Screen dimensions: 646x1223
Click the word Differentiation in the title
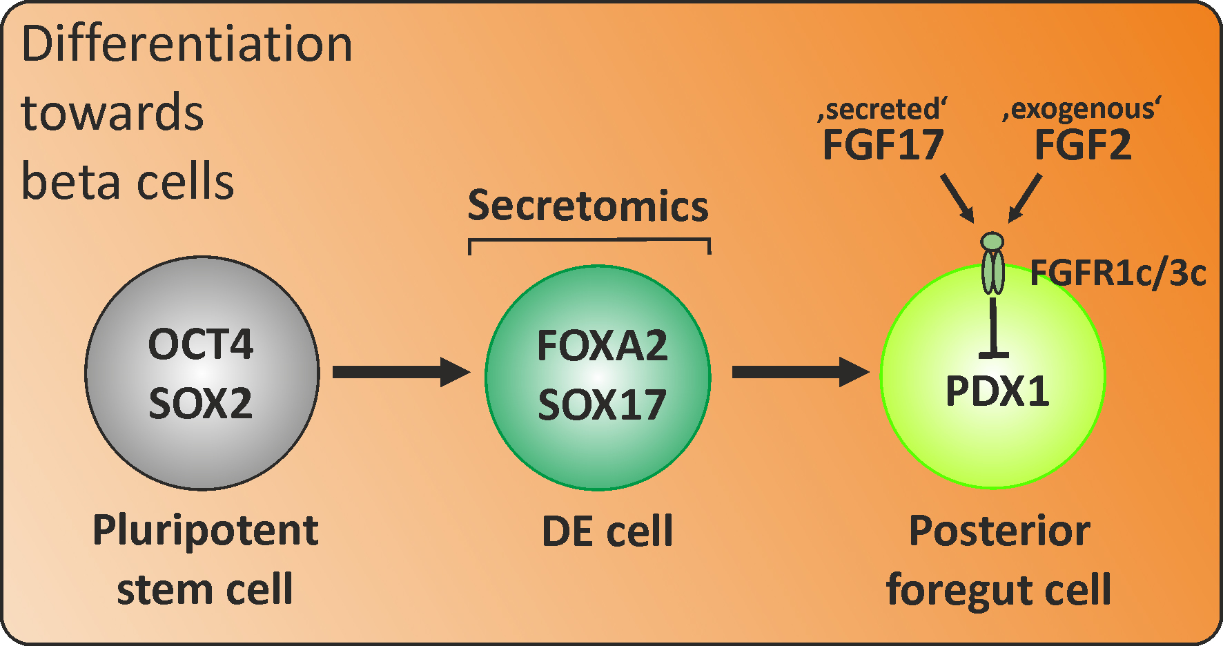click(186, 44)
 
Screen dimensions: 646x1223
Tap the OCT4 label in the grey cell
click(201, 344)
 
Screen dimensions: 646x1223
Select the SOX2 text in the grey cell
click(201, 404)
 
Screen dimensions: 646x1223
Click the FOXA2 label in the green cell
click(602, 346)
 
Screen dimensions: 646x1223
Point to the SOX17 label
click(602, 405)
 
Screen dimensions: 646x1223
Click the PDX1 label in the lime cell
click(997, 391)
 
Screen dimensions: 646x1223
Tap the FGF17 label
click(883, 145)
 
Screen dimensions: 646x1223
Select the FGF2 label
click(1083, 145)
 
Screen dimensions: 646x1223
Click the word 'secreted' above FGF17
click(883, 110)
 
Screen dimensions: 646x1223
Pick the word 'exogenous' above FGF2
click(1082, 109)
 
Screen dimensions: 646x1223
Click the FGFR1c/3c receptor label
click(1117, 273)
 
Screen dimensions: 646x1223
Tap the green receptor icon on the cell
click(992, 266)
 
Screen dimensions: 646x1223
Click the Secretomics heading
click(588, 206)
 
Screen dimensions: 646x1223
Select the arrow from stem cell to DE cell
click(400, 372)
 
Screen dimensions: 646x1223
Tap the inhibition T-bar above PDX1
click(994, 331)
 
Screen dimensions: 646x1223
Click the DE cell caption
click(607, 531)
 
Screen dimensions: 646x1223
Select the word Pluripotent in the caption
click(205, 531)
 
